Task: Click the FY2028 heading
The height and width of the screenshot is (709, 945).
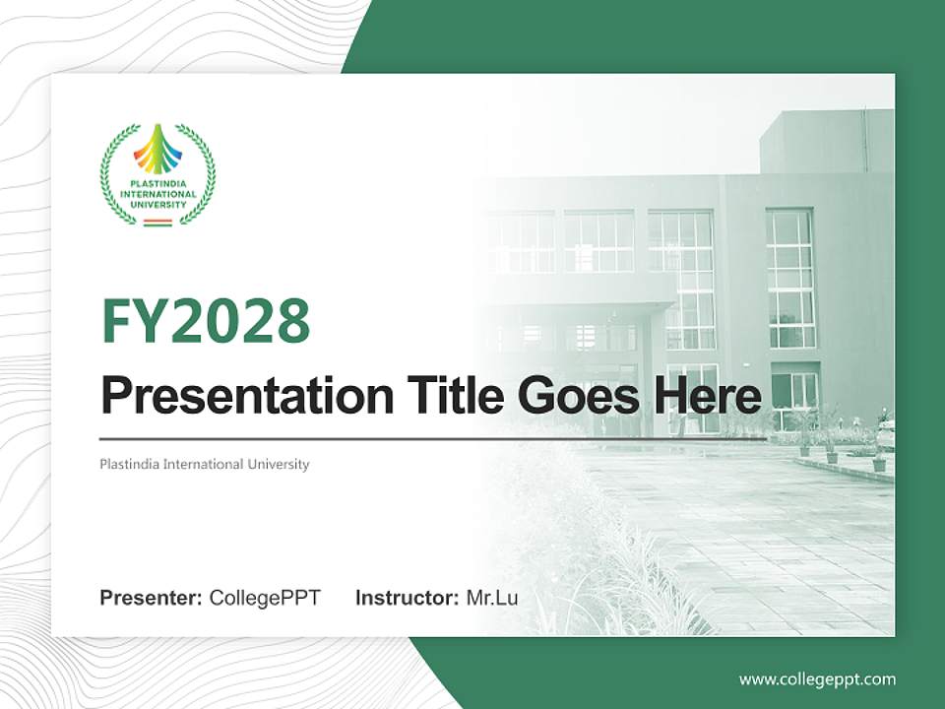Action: coord(206,320)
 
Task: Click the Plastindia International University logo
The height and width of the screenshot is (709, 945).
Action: coord(157,175)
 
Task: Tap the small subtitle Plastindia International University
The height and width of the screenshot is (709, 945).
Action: coord(205,464)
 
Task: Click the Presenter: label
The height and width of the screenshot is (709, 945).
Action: coord(152,598)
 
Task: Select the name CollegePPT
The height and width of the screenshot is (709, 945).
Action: coord(265,598)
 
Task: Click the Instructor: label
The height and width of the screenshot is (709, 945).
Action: coord(407,598)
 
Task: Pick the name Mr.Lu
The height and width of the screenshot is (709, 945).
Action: coord(492,598)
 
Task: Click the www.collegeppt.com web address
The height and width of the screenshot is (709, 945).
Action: coord(817,678)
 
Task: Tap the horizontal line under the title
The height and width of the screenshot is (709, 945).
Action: coord(433,438)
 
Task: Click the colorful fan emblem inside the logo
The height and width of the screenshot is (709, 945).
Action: coord(157,151)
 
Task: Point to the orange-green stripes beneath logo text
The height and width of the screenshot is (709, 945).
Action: coord(157,223)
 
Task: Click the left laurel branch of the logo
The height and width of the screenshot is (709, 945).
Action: coord(112,175)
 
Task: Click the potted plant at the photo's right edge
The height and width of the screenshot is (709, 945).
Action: coord(878,459)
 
